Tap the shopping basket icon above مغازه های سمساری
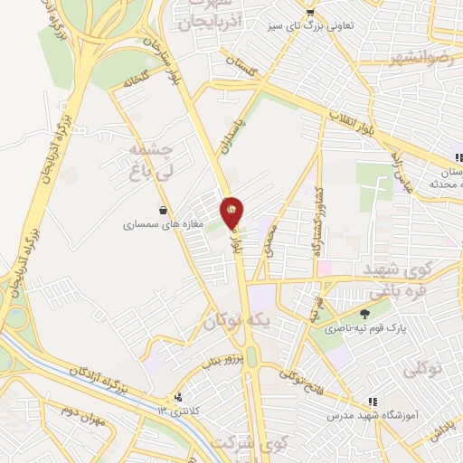[x=163, y=211]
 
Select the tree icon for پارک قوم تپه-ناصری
[x=364, y=314]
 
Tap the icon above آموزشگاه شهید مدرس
[x=372, y=402]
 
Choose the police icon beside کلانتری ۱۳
[x=179, y=397]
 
